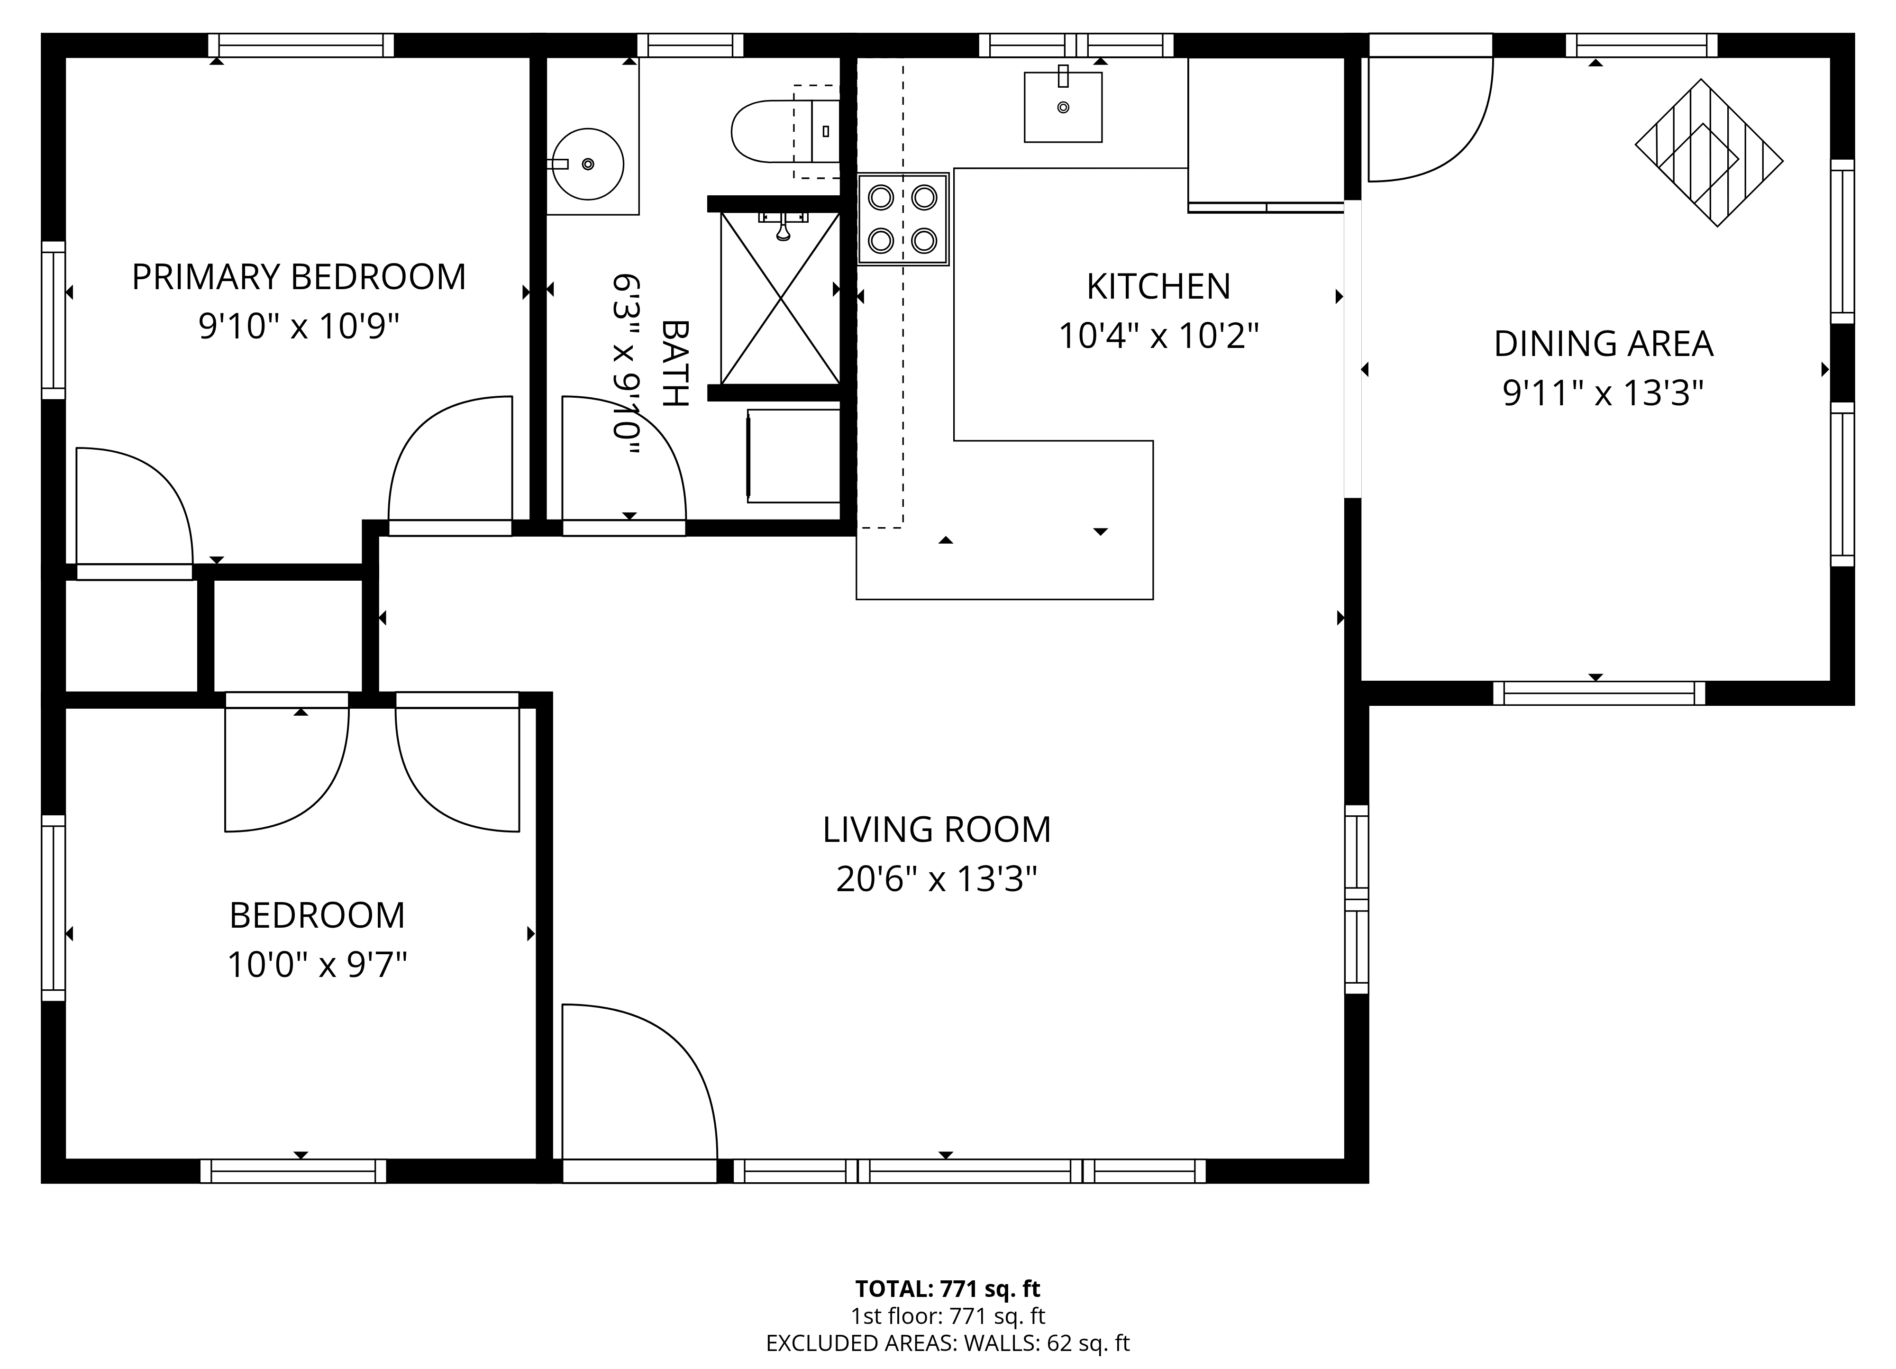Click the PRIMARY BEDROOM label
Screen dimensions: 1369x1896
(299, 277)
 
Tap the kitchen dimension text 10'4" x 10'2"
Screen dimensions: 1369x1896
(1158, 336)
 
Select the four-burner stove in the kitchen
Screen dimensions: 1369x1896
(902, 219)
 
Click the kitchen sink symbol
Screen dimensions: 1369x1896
(1063, 107)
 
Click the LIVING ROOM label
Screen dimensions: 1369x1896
(936, 830)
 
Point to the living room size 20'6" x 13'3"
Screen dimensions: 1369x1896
(936, 879)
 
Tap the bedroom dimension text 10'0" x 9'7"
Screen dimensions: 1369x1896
(317, 965)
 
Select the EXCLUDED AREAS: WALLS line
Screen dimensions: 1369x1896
(947, 1343)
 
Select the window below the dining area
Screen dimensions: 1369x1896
(1598, 694)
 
